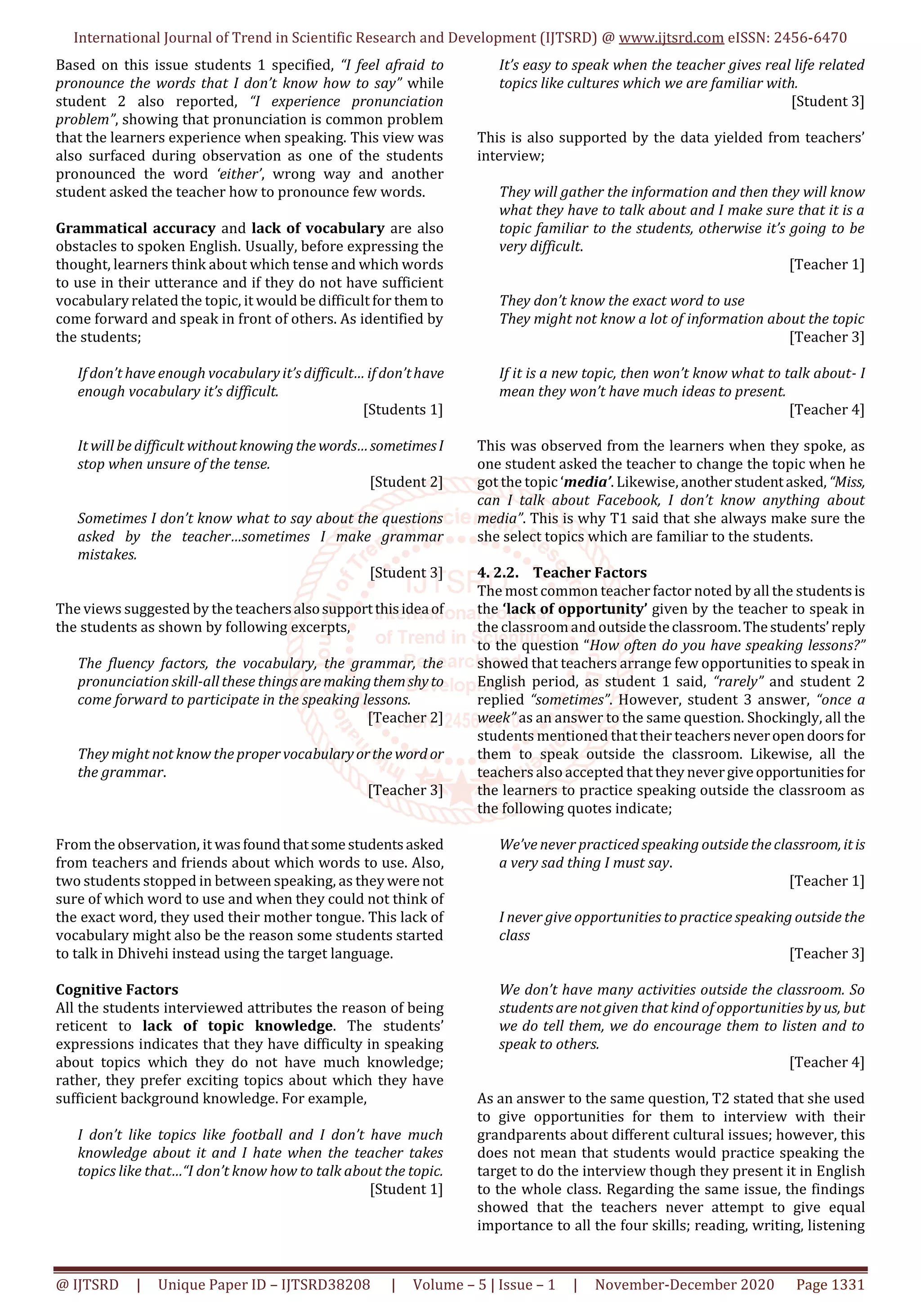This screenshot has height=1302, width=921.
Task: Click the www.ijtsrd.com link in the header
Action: pos(671,38)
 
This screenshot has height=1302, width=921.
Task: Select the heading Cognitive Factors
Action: pos(117,990)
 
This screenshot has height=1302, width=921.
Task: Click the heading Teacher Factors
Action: pos(590,573)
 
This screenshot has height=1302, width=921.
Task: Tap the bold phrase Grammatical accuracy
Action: pos(136,228)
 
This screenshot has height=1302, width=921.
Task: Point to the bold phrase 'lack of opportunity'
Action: pos(575,609)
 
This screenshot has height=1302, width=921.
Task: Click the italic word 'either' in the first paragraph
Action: pos(239,174)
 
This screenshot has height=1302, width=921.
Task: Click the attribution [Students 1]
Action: pos(403,409)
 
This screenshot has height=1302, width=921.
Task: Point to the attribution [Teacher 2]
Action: pos(405,718)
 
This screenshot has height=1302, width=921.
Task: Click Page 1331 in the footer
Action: pos(830,1284)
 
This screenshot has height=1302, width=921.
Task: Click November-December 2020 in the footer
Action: pos(684,1284)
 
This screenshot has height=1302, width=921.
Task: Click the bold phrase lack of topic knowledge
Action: pos(238,1026)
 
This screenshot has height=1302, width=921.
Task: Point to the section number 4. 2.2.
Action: pos(498,573)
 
